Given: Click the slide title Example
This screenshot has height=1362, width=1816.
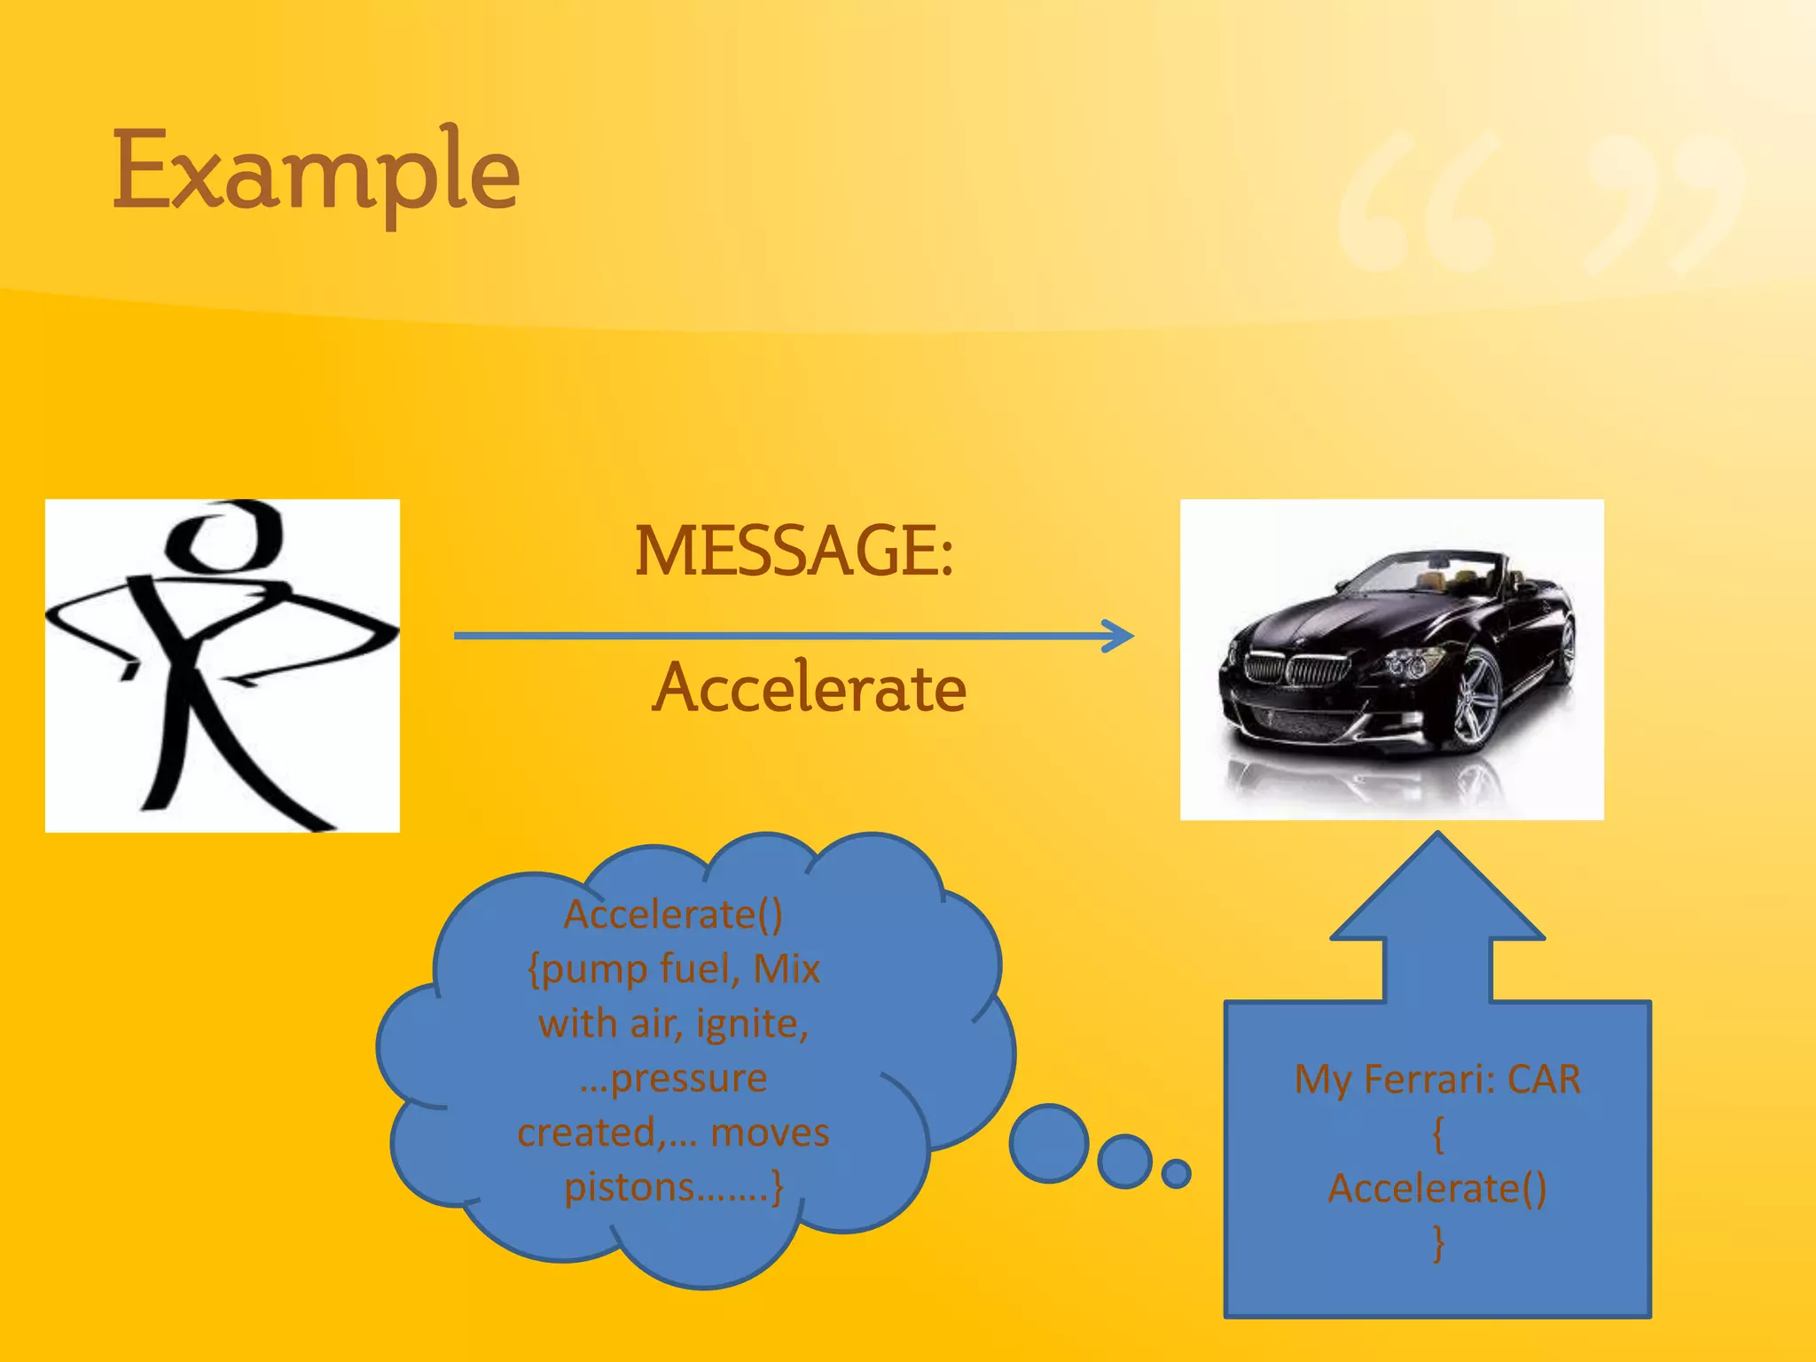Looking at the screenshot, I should tap(316, 173).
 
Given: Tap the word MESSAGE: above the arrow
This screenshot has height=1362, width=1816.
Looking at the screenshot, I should tap(794, 552).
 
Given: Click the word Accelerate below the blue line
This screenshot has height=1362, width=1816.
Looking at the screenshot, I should tap(809, 689).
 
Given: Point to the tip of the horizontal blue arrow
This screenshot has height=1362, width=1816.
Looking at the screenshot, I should tap(1131, 635).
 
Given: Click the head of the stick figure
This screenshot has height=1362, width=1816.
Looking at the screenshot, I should tap(227, 536).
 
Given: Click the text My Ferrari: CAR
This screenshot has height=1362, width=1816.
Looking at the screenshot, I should tap(1436, 1080).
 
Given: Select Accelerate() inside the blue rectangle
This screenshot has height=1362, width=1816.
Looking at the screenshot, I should tap(1436, 1188).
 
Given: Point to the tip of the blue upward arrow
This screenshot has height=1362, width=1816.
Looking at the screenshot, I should tap(1437, 835).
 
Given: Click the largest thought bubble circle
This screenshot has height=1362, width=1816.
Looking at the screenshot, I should tap(1049, 1143).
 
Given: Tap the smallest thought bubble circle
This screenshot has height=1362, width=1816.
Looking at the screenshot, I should tap(1176, 1173).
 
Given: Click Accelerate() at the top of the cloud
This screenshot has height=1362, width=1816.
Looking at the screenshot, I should tap(673, 915).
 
